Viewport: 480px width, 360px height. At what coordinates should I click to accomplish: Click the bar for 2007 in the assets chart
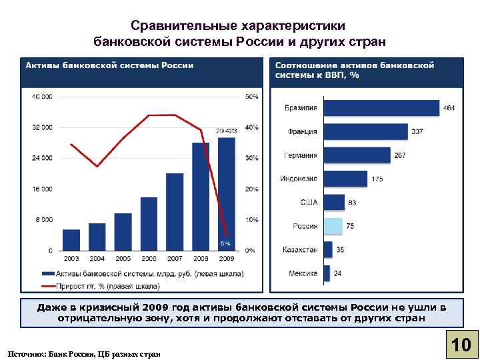click(175, 211)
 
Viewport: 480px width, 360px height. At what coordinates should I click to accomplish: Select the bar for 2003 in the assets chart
click(71, 239)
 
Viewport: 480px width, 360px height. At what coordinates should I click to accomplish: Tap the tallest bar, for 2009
click(227, 193)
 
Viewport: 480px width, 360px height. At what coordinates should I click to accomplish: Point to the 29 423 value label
click(226, 131)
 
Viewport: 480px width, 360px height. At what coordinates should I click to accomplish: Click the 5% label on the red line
click(226, 243)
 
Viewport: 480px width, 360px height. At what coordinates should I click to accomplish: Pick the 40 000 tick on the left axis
click(41, 97)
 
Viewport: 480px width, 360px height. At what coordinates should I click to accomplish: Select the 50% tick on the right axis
click(251, 97)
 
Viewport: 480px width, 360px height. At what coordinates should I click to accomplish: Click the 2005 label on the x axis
click(123, 258)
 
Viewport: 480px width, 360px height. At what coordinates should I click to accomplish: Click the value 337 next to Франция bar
click(417, 132)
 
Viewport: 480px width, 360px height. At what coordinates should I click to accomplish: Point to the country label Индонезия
click(299, 179)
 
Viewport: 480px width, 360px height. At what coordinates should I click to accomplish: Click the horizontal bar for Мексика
click(327, 273)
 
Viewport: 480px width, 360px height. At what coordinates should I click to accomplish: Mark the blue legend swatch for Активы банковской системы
click(48, 273)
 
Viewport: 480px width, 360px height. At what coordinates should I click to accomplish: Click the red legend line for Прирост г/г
click(48, 286)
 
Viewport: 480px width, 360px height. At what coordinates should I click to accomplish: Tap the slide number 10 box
click(461, 345)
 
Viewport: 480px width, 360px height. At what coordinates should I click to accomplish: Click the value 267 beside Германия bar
click(399, 155)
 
